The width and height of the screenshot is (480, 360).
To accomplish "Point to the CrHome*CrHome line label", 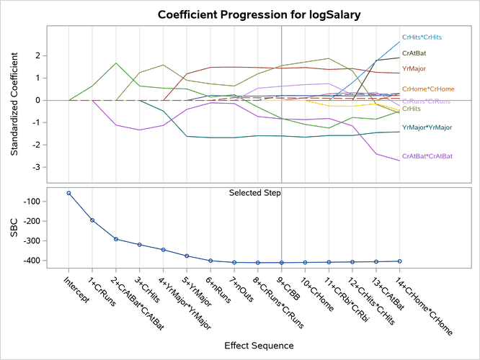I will (428, 89).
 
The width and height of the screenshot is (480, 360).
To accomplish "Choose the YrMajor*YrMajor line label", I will (427, 127).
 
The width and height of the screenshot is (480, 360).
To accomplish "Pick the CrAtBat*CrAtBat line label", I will (427, 156).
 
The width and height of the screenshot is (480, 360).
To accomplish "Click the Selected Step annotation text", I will (255, 193).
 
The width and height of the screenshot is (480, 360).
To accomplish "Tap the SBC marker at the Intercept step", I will (68, 193).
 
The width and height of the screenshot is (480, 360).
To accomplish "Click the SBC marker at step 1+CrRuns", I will (92, 220).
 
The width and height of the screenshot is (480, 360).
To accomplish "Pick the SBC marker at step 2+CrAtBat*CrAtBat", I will (116, 239).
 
